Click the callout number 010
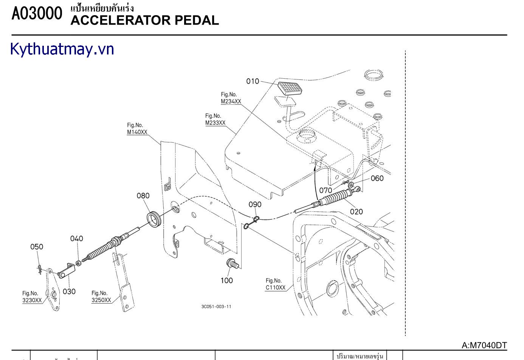pos(253,81)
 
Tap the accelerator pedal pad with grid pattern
pos(290,88)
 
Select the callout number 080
pos(143,196)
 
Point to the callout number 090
pos(255,205)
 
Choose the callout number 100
pos(227,281)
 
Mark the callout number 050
pos(37,247)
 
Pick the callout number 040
pos(76,239)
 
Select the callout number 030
pos(69,292)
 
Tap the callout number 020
pos(356,212)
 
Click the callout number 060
pos(377,178)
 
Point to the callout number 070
pos(326,190)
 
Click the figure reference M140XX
pos(137,132)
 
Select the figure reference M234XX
pos(231,101)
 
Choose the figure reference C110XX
pos(275,287)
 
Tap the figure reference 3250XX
pos(101,300)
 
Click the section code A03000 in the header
pos(37,14)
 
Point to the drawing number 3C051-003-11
pos(216,306)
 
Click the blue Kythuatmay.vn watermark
pos(62,49)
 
